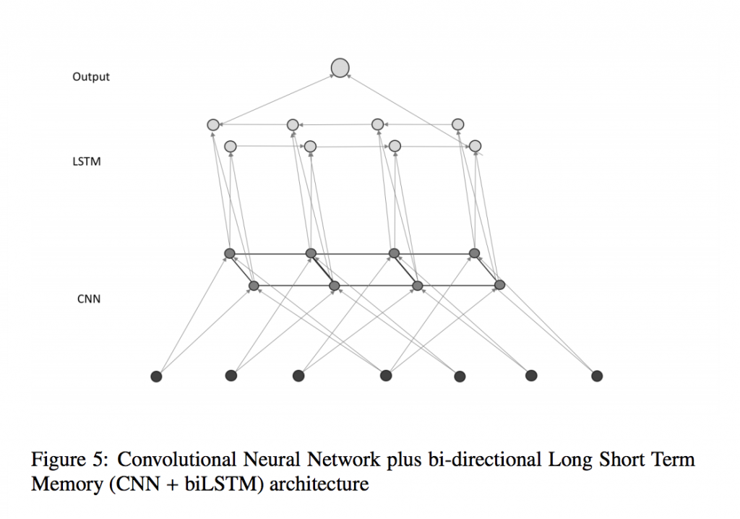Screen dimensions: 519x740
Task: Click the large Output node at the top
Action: [x=340, y=68]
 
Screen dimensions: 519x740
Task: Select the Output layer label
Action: [x=91, y=77]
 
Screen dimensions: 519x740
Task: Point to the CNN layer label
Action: [x=88, y=298]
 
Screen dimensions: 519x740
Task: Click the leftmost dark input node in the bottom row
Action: [x=156, y=376]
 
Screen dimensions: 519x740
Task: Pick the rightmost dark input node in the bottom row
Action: [x=597, y=376]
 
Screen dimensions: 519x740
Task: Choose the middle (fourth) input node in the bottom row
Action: [x=386, y=375]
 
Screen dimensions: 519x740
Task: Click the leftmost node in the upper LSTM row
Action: [x=213, y=125]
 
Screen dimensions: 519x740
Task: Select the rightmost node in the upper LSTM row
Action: [x=457, y=124]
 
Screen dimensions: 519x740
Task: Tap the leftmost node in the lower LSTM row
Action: [x=231, y=147]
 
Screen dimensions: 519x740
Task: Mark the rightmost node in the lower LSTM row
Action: [x=475, y=146]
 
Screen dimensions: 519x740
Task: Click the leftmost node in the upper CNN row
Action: [x=230, y=253]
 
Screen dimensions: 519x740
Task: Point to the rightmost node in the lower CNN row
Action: [x=499, y=285]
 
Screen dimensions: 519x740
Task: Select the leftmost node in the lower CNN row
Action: [x=254, y=286]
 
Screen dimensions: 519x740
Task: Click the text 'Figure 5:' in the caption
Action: [x=70, y=460]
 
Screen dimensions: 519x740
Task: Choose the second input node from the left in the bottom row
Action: [x=231, y=375]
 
